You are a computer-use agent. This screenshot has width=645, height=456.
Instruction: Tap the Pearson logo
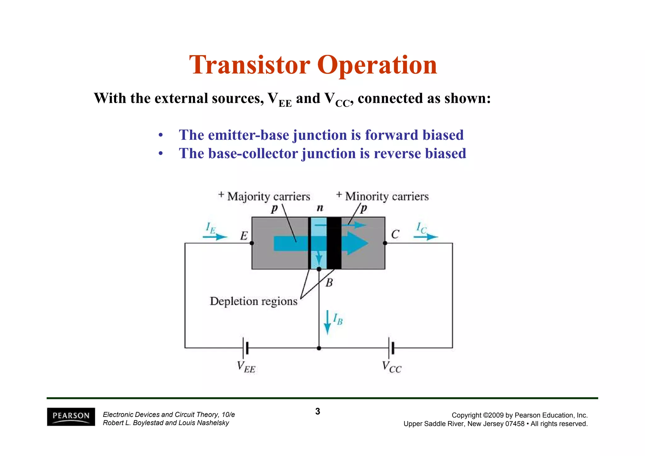pos(71,417)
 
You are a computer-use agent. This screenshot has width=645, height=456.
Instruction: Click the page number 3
pos(317,412)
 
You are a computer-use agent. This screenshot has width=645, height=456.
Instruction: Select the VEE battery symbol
pos(246,348)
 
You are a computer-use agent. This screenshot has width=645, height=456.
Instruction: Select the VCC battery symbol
pos(391,348)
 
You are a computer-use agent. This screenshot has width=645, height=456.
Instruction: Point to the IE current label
pos(211,228)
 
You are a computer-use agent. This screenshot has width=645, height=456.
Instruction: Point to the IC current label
pos(421,228)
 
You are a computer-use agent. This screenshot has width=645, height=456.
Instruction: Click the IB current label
pos(338,319)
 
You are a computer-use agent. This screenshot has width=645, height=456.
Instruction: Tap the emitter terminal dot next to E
pos(252,243)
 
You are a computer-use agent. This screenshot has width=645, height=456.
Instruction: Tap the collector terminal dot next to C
pos(385,243)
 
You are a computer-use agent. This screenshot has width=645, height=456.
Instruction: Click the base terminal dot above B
pos(319,269)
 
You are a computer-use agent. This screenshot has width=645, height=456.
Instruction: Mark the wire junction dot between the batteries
pos(319,348)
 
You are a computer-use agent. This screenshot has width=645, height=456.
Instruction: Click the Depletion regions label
pos(254,301)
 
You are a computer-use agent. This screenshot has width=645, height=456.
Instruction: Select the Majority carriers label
pos(269,197)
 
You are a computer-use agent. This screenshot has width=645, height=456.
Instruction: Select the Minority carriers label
pos(387,197)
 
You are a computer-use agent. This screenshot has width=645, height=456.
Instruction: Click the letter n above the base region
pos(320,208)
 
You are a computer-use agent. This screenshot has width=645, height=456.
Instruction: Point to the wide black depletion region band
pos(334,243)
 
